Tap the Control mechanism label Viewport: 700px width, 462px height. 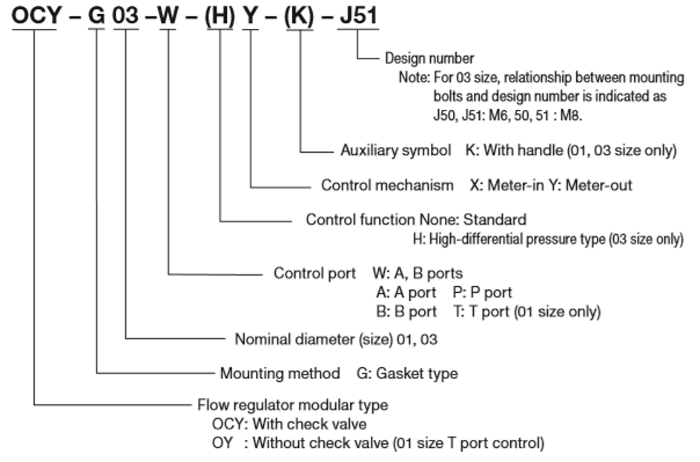387,185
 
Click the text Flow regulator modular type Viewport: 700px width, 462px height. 292,406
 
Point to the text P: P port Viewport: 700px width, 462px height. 481,292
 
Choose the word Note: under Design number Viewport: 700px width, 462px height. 414,77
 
